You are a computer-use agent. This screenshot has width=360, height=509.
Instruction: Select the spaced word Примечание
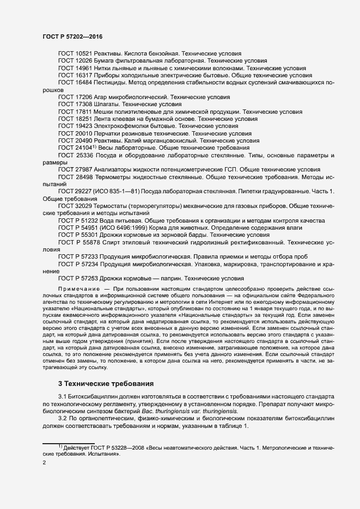79,288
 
